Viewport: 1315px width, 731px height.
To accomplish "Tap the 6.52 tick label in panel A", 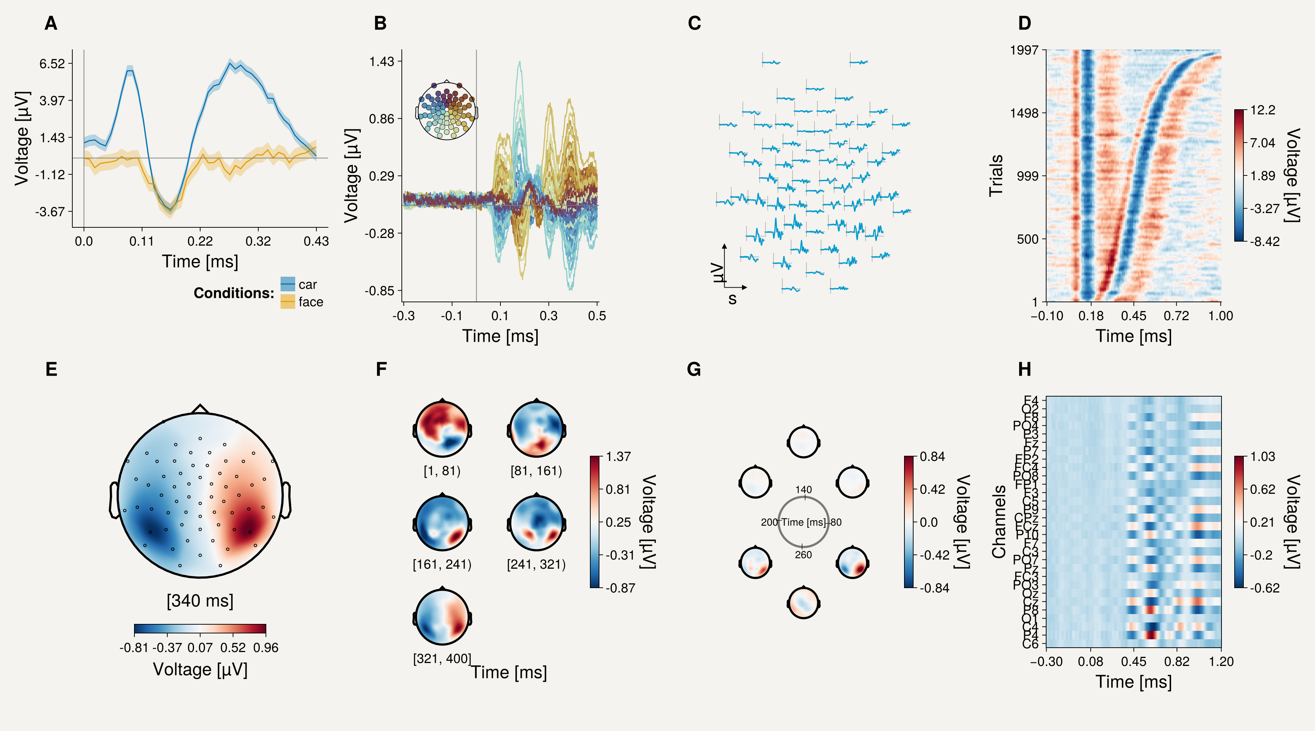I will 53,64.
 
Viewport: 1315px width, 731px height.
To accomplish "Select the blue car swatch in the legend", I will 287,284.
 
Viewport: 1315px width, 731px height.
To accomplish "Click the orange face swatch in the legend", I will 287,302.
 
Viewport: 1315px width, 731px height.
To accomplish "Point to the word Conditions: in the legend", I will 234,293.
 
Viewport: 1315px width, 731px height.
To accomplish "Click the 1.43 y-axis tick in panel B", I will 382,62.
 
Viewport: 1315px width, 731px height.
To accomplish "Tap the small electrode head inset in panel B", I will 447,111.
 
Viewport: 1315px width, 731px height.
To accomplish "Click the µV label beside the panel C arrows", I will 718,273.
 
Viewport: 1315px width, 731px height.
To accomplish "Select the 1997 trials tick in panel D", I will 1024,50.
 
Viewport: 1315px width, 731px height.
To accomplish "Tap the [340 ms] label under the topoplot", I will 200,601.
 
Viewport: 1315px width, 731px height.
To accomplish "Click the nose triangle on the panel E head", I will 200,409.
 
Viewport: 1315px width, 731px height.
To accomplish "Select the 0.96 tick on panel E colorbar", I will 266,648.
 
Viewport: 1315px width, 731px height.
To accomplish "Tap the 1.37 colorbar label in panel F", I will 618,457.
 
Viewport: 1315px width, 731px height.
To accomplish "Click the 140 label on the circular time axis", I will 804,489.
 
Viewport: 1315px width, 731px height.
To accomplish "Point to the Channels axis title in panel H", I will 999,522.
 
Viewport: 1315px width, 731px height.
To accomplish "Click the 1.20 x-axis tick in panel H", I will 1221,662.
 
